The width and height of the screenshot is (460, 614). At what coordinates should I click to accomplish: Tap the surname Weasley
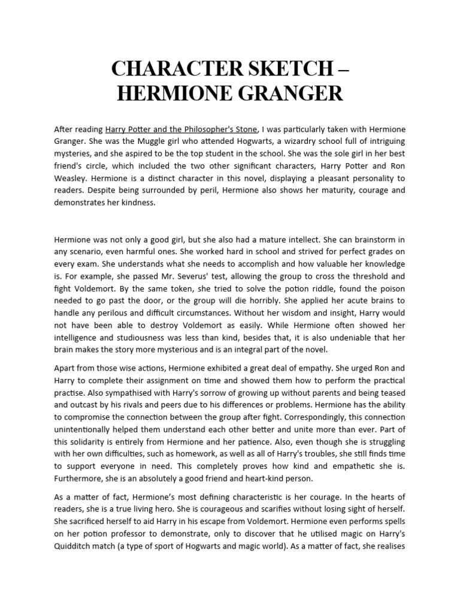tap(71, 179)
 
